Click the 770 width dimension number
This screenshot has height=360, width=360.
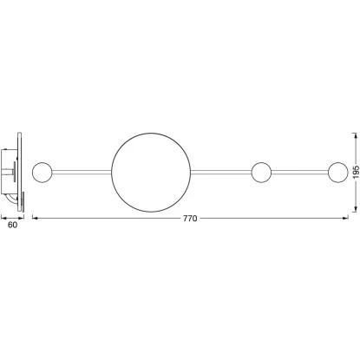(x=190, y=219)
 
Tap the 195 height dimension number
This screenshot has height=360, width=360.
(x=356, y=172)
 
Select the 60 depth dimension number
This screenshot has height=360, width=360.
(x=12, y=225)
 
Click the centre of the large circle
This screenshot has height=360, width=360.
(x=151, y=173)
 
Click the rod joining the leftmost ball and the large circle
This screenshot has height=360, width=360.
(x=82, y=173)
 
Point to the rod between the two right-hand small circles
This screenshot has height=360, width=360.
(x=300, y=173)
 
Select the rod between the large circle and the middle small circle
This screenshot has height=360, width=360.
(x=221, y=173)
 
